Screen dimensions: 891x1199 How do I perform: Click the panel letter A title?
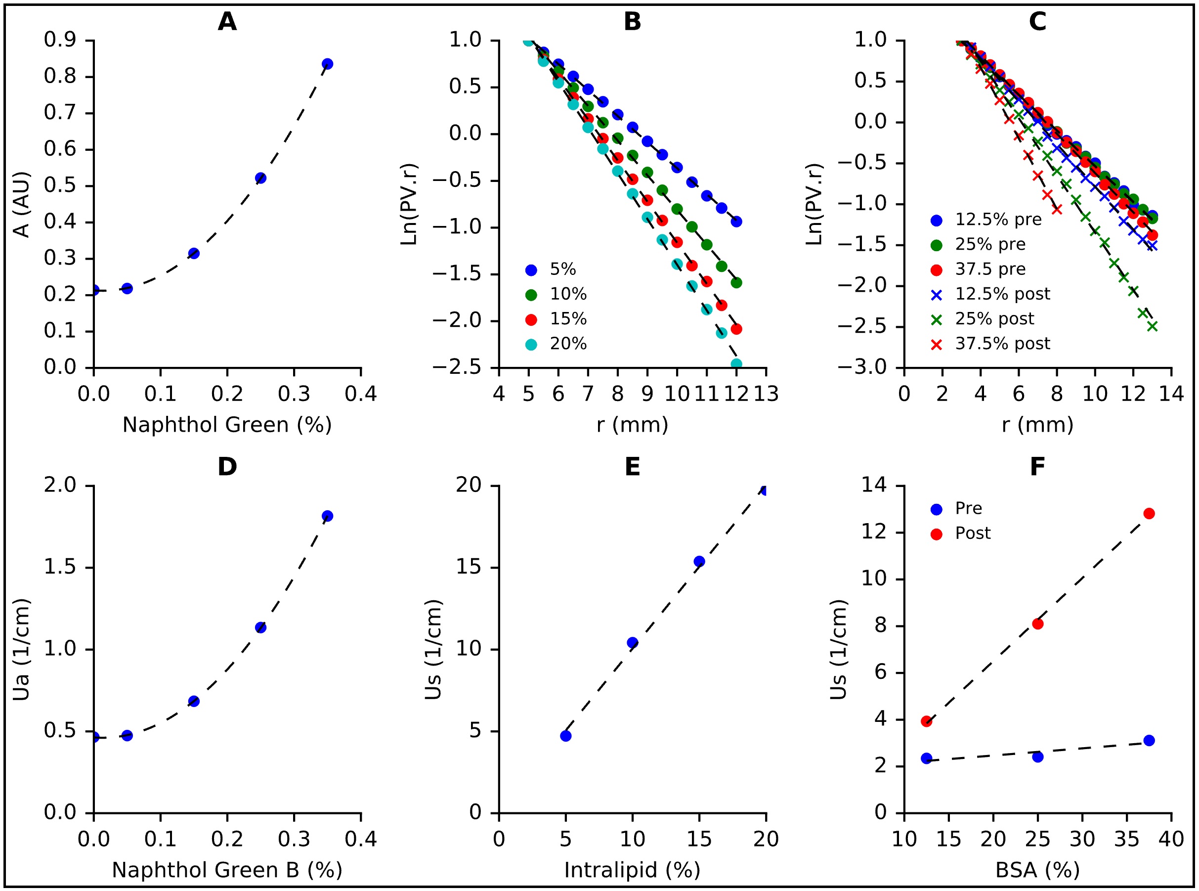coord(227,22)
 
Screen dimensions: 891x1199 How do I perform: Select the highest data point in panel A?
coord(327,64)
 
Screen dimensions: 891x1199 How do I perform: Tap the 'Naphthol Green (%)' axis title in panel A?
coord(227,425)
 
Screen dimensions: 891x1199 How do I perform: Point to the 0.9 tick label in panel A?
coord(60,40)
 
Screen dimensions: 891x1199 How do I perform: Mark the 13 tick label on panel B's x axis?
coord(766,394)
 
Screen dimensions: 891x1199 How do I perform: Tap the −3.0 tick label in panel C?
coord(862,367)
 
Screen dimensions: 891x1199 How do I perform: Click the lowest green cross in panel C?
coord(1152,326)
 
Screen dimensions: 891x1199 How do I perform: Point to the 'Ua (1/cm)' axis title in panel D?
coord(21,650)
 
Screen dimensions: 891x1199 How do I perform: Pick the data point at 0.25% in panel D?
coord(260,628)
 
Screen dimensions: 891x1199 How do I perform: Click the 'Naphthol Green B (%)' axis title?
coord(227,870)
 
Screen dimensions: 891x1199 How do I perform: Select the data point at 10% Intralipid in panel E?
coord(633,643)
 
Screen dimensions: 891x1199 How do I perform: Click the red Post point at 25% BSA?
coord(1037,624)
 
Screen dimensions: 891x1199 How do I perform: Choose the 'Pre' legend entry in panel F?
coord(968,509)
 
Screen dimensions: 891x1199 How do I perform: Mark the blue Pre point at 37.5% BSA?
coord(1149,741)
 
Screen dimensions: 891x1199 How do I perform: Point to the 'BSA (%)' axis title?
coord(1037,870)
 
